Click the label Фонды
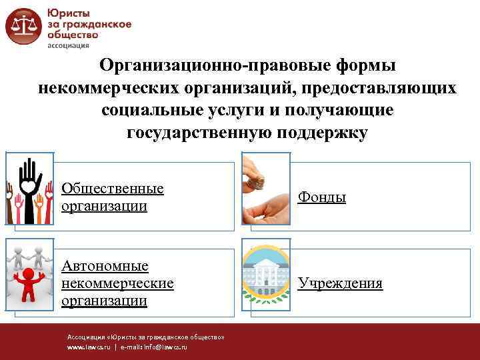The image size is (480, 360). tap(322, 197)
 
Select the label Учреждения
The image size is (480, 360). tap(340, 283)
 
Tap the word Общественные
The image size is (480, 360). tap(113, 189)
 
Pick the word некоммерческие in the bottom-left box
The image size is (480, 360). tap(117, 283)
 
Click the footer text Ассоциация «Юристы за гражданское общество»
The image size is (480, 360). tap(145, 337)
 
